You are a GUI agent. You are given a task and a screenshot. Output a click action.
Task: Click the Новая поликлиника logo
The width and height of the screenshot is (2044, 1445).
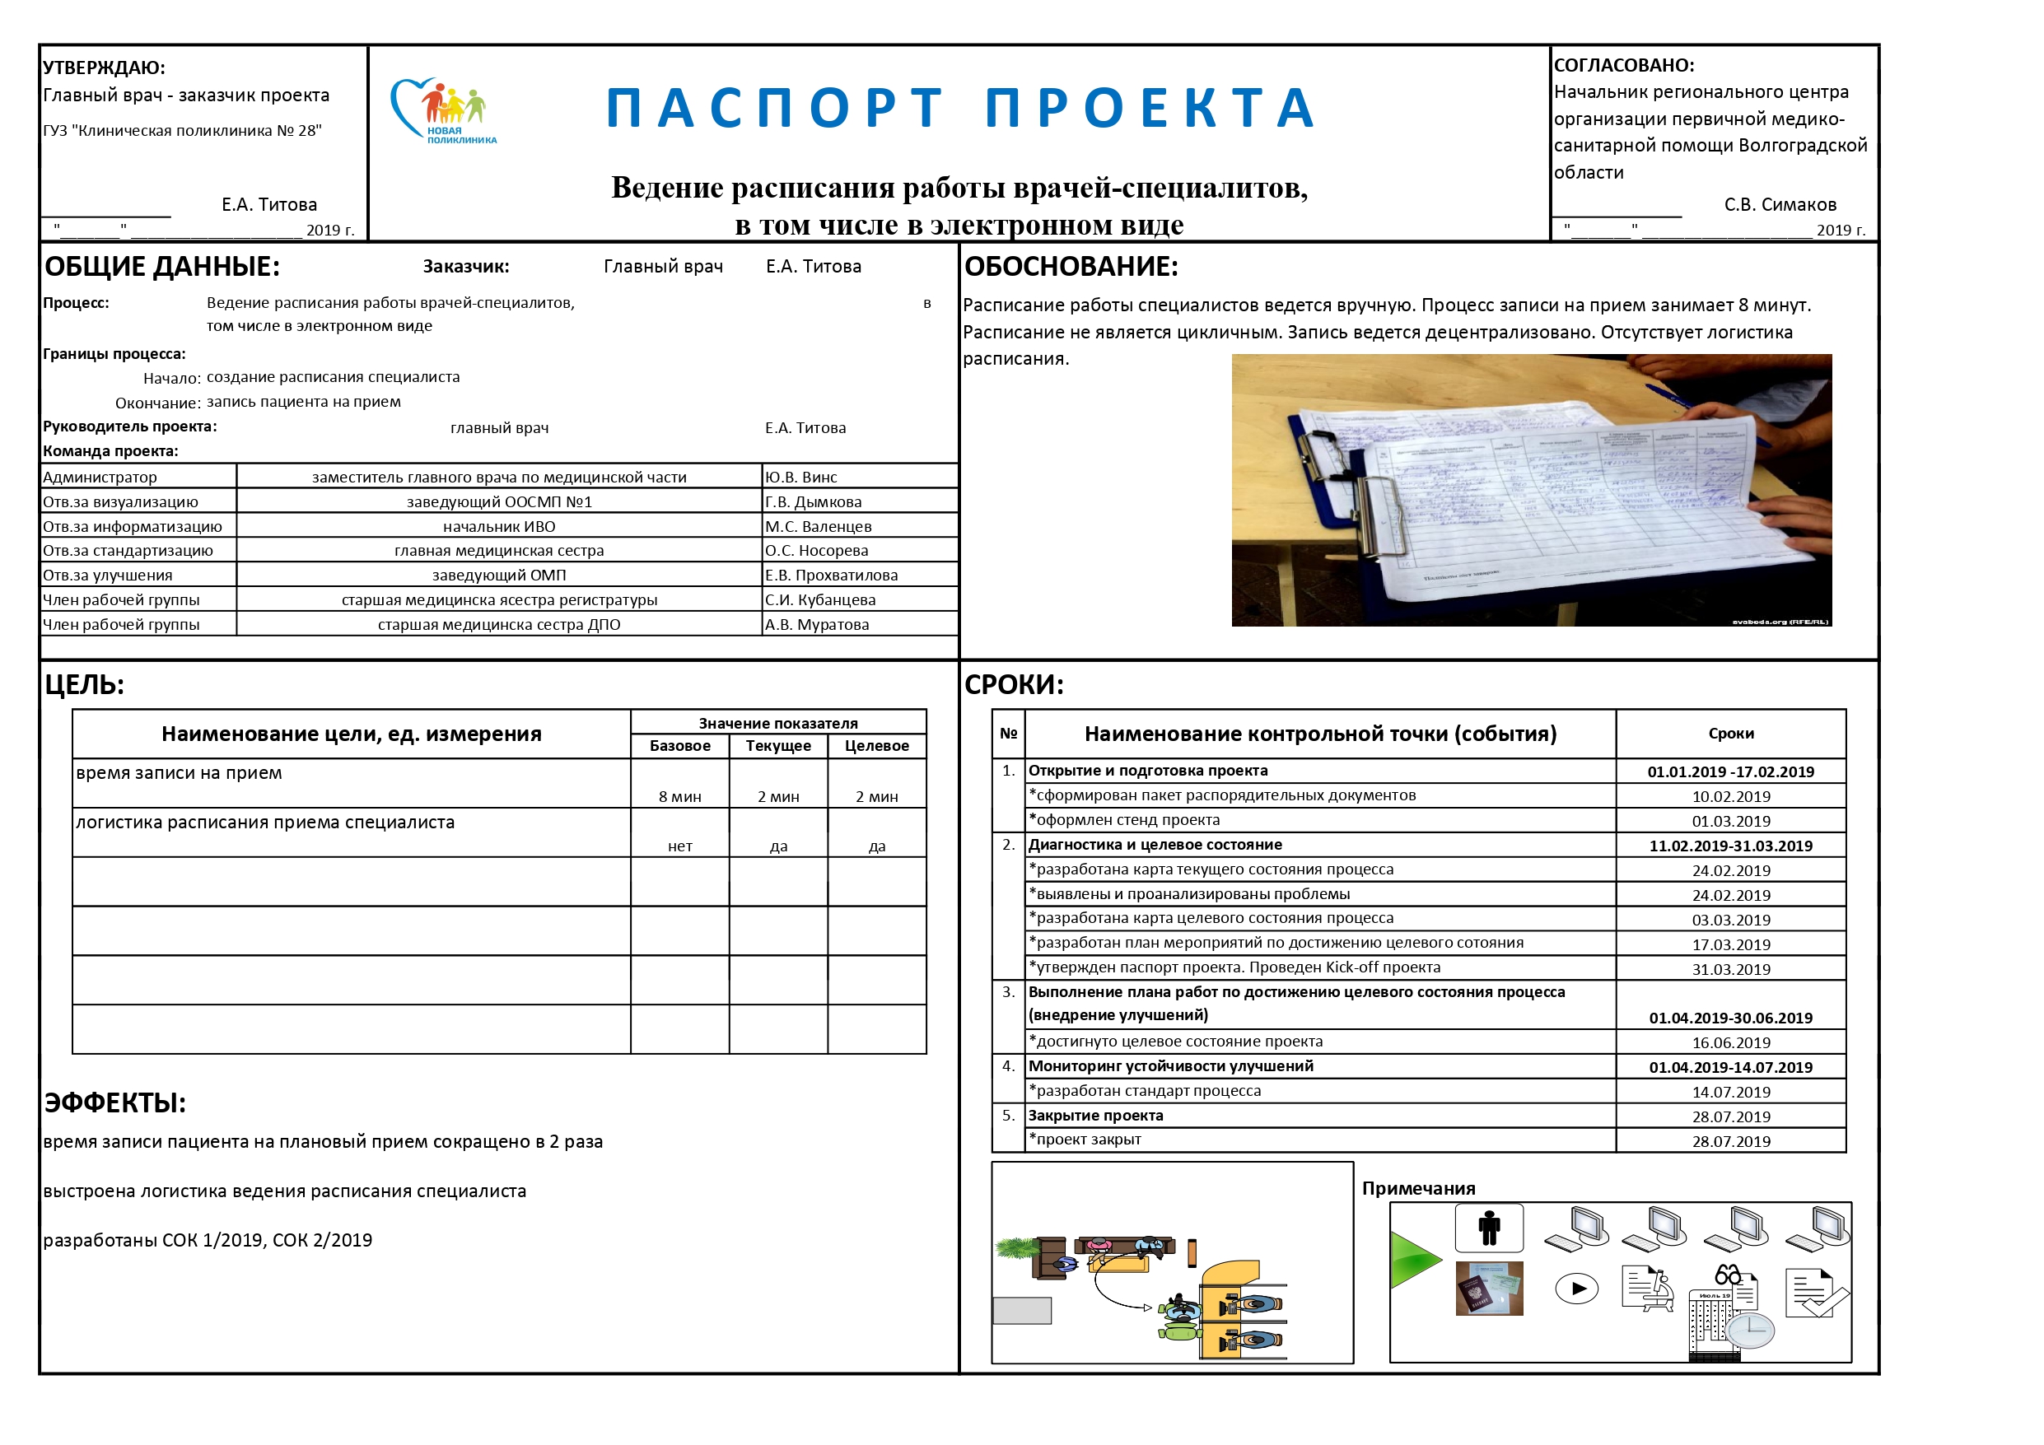(442, 110)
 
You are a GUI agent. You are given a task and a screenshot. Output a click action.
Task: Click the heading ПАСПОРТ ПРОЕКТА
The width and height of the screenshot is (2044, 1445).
(960, 109)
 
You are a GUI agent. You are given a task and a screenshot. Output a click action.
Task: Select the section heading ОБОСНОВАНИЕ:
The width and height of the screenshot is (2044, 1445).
(1071, 266)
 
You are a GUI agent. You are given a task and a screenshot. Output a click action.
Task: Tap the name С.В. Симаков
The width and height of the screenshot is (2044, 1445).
(1780, 205)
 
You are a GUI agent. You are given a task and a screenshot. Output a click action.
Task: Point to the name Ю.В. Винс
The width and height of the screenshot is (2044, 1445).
(800, 478)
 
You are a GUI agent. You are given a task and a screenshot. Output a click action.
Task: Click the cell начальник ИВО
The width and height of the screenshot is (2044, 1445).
(498, 526)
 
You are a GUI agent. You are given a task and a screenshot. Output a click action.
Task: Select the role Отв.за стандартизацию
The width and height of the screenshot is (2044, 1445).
(128, 550)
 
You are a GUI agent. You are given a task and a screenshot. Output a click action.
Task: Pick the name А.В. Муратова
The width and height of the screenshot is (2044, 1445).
(816, 624)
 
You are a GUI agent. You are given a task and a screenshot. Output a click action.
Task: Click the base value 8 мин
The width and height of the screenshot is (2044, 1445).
(679, 797)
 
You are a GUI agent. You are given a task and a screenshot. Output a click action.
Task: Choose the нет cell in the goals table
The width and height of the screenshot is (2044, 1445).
(679, 846)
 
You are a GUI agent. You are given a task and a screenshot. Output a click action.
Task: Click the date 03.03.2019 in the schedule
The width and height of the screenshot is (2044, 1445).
(1729, 920)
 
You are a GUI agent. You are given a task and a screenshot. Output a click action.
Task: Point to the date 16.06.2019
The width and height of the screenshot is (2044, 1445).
(1729, 1042)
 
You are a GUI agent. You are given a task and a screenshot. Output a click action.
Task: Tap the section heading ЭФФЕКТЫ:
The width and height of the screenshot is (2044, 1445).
(114, 1102)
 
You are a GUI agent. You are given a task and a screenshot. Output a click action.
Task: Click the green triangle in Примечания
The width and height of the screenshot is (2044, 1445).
(1413, 1259)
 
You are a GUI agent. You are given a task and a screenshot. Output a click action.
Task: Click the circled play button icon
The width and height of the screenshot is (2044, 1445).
(1575, 1289)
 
